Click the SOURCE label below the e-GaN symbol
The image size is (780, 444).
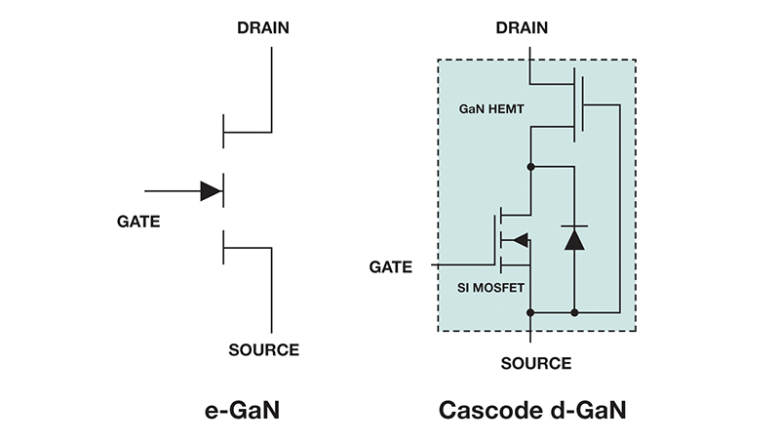[x=263, y=349]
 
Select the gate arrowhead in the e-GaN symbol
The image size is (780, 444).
[x=211, y=190]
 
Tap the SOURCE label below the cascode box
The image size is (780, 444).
[x=535, y=363]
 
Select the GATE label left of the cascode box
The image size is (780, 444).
[x=392, y=266]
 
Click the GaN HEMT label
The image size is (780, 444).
[x=492, y=112]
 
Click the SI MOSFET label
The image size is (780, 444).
[x=490, y=288]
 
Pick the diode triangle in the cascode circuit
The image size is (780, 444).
[x=573, y=237]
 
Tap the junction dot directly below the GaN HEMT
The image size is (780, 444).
[x=529, y=167]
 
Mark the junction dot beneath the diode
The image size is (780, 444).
[x=573, y=312]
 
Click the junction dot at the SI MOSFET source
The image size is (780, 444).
[x=529, y=312]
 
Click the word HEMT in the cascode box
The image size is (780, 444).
[x=508, y=112]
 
